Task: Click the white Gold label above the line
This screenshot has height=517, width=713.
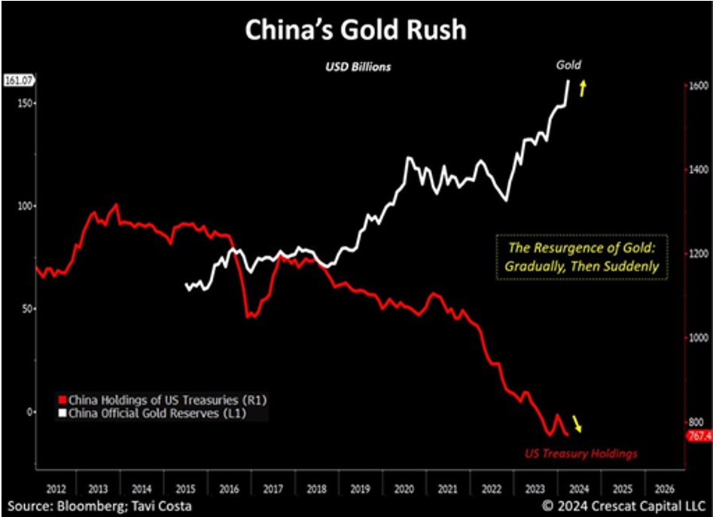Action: [x=568, y=66]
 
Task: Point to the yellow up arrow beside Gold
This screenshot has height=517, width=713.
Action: [x=582, y=89]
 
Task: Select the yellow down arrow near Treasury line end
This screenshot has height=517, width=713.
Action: [x=577, y=424]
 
